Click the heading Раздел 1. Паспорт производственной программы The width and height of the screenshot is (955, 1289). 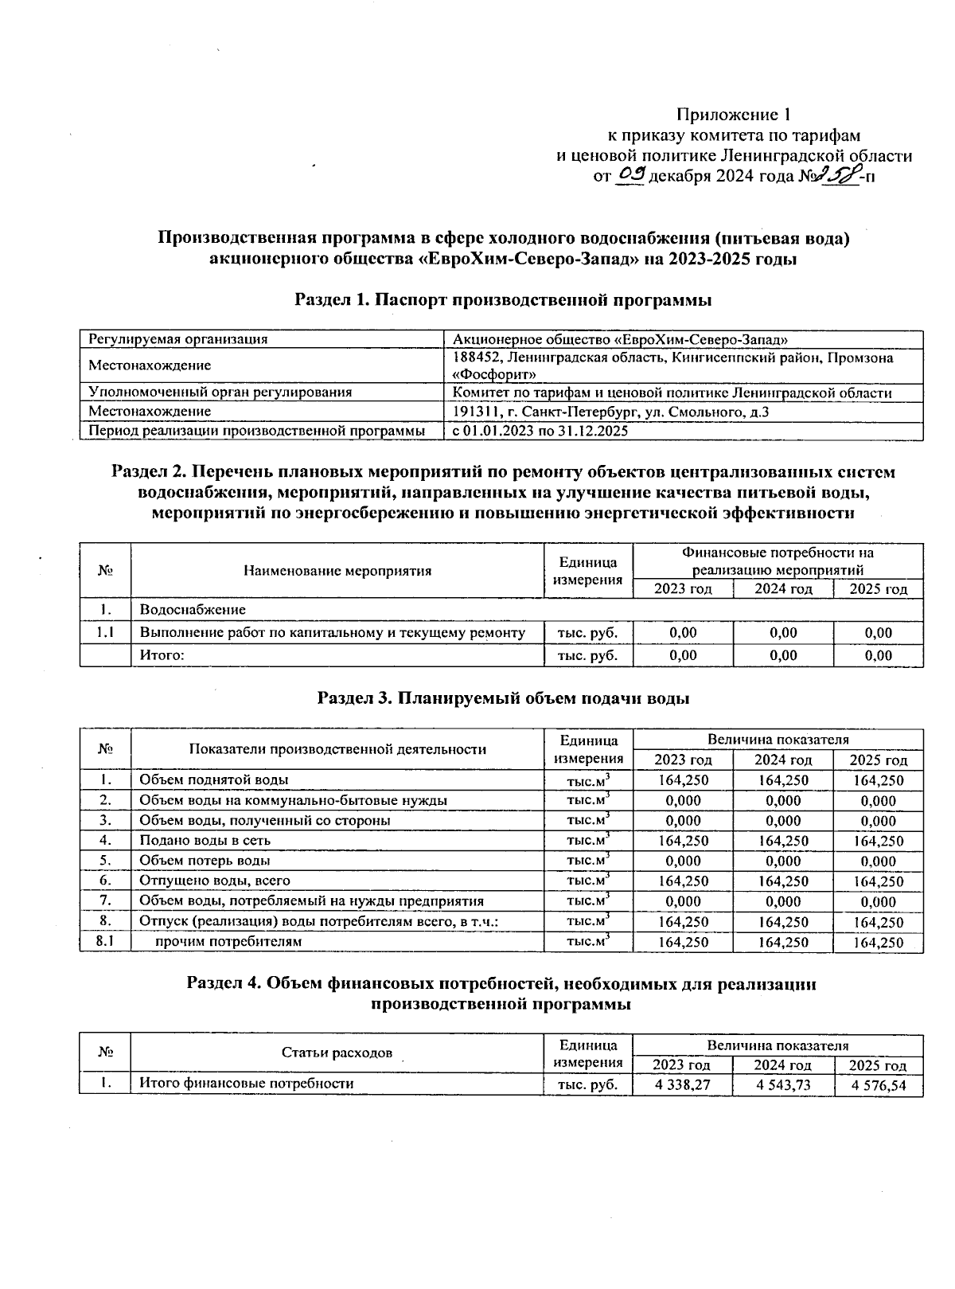502,300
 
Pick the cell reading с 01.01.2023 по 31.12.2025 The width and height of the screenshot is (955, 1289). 540,431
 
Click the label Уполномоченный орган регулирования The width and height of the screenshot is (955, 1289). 220,393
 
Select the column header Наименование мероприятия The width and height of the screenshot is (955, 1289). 337,570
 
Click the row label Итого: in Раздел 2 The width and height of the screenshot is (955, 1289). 162,655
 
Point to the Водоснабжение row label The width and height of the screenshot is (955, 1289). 193,609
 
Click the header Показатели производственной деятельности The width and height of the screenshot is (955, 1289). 337,749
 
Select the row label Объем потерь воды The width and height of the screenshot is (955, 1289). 205,861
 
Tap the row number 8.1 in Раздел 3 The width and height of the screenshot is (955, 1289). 105,942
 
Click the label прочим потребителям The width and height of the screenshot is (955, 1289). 228,942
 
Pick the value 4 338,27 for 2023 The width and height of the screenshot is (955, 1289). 682,1084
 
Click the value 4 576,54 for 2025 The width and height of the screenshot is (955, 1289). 878,1084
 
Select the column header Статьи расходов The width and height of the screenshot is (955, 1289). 337,1053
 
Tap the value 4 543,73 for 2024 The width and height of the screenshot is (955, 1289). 783,1084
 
